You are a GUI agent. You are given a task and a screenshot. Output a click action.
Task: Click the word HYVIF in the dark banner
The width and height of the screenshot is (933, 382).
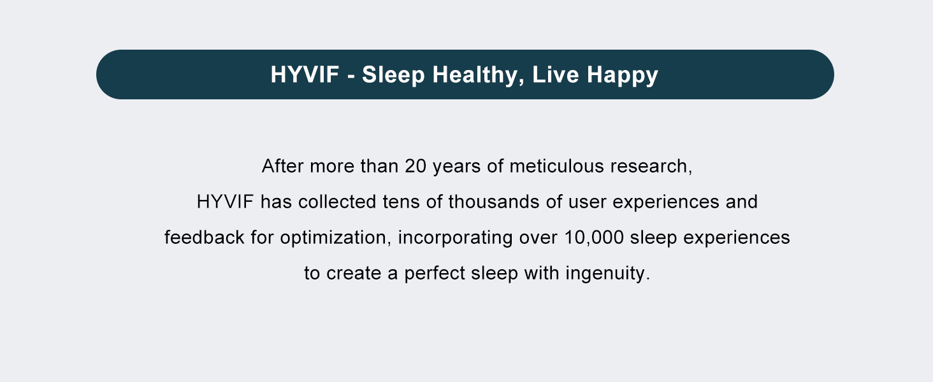coord(305,74)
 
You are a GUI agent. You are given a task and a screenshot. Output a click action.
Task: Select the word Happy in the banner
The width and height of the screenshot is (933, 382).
coord(622,75)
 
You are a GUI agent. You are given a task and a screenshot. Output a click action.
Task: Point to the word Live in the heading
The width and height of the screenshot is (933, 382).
coord(555,74)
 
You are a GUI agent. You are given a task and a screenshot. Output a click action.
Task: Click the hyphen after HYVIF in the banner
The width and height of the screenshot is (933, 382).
coord(351,76)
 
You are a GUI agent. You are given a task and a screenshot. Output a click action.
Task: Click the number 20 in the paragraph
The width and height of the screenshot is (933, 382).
coord(416,166)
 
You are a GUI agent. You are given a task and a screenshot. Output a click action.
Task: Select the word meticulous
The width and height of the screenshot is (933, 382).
coord(556,166)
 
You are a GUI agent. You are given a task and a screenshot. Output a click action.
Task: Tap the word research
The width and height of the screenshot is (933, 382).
coord(651,166)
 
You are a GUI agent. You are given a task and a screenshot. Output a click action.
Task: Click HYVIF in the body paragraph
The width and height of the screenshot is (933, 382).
coord(225,202)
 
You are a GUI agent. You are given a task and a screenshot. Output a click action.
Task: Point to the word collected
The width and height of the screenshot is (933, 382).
coord(337,202)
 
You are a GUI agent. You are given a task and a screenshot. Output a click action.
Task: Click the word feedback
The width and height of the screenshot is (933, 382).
coord(204,237)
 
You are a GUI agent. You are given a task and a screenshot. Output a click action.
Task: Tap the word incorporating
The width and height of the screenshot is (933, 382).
coord(455,239)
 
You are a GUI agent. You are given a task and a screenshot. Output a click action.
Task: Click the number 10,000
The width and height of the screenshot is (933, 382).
coord(594,238)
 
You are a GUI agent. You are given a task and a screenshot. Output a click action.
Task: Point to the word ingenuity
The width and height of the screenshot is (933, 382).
coord(608,274)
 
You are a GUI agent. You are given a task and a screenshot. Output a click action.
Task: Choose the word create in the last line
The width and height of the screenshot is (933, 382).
coord(354,274)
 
